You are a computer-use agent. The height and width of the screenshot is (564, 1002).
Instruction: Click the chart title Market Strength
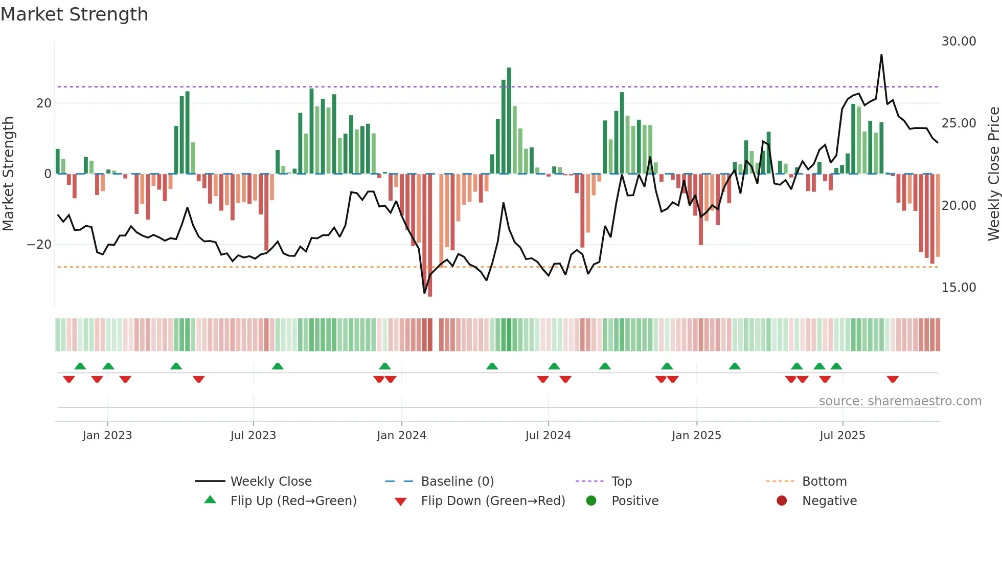tap(75, 14)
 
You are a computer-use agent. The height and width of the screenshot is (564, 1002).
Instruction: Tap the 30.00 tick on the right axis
tap(959, 41)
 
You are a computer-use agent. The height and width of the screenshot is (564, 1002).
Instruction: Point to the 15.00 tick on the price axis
tap(959, 288)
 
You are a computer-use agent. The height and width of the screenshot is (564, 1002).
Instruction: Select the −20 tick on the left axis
tap(39, 245)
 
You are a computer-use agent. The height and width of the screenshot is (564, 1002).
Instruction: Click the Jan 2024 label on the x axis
tap(401, 436)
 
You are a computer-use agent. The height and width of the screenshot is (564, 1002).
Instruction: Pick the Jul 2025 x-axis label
tap(842, 436)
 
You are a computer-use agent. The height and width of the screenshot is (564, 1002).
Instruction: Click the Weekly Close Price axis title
tap(993, 174)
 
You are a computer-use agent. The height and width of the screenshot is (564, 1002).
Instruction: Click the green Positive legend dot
tap(591, 501)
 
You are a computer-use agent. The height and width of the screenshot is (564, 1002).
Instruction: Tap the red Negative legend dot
tap(782, 501)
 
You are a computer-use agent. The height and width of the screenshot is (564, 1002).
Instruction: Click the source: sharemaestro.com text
tap(900, 401)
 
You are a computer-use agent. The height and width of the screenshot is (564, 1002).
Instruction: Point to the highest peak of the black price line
tap(881, 55)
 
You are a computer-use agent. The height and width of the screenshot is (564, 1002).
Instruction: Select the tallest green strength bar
tap(509, 120)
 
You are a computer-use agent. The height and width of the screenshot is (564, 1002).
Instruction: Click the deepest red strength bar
tap(430, 235)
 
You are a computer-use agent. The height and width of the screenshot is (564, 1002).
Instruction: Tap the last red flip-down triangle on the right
tap(893, 379)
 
